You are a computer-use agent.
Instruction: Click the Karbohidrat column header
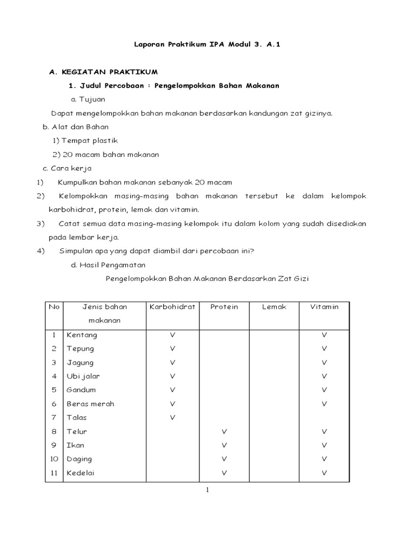(172, 307)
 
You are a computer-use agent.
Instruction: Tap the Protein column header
(224, 307)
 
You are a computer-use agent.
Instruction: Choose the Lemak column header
(274, 307)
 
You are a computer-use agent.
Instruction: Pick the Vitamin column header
(324, 307)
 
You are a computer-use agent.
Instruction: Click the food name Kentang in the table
(82, 335)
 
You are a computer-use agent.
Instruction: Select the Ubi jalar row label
(83, 376)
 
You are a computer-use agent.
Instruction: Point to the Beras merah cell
(90, 404)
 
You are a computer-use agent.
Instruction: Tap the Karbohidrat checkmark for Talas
(172, 417)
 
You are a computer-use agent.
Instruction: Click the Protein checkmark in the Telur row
(224, 431)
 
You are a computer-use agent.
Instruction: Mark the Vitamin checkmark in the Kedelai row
(324, 473)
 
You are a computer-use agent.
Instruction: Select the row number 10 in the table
(54, 459)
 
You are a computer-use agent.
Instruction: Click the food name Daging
(79, 459)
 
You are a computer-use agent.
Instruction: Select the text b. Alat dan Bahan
(76, 127)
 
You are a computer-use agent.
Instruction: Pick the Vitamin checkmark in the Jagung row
(324, 362)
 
